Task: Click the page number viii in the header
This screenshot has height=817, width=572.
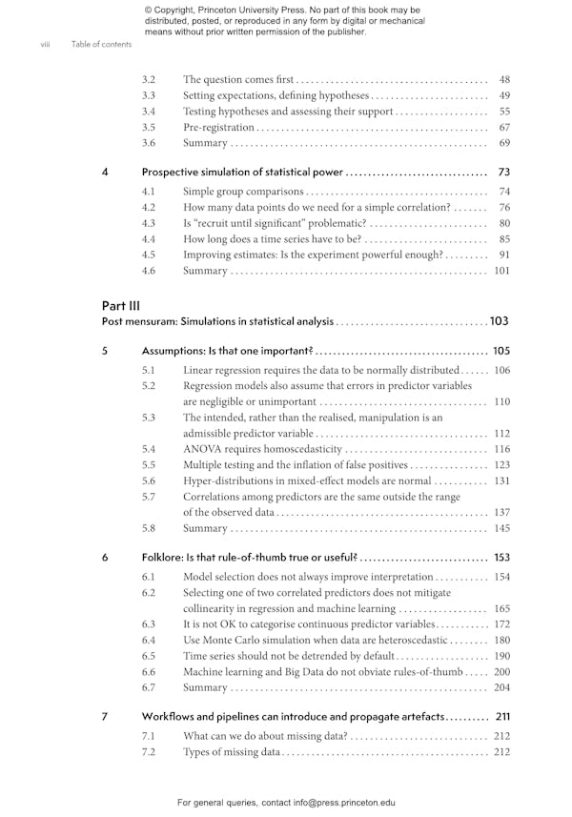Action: (x=45, y=44)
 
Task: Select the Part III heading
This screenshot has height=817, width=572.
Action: (x=121, y=306)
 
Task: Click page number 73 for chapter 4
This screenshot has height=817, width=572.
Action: (x=504, y=173)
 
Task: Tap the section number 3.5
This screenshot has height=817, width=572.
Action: (x=149, y=127)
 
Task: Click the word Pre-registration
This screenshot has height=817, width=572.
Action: (x=218, y=127)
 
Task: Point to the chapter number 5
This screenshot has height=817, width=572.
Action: (x=105, y=350)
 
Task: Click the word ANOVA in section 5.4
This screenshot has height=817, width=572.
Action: (x=202, y=449)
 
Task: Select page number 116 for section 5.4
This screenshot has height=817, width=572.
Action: (x=502, y=449)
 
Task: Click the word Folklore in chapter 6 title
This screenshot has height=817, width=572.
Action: (x=166, y=557)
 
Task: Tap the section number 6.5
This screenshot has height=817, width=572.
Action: (x=149, y=656)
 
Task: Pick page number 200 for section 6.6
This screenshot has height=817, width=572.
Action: (x=502, y=672)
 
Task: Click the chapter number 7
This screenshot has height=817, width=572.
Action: (x=105, y=716)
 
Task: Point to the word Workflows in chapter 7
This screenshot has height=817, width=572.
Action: (x=171, y=716)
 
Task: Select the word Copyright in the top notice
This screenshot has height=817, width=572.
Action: (x=180, y=10)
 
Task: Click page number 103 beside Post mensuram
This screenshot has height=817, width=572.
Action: (x=500, y=321)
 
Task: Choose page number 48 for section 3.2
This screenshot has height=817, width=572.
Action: (x=504, y=79)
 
